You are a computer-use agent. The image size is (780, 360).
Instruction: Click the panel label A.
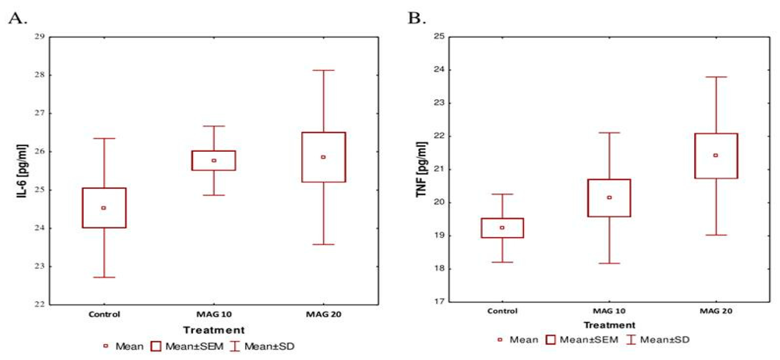tap(17, 19)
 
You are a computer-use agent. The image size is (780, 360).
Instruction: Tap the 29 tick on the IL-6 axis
tap(39, 37)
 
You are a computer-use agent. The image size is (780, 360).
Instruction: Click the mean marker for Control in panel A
tap(104, 208)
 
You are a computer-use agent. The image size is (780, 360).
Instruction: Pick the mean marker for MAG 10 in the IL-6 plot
tap(214, 160)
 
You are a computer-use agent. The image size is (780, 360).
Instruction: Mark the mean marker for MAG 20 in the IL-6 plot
tap(323, 157)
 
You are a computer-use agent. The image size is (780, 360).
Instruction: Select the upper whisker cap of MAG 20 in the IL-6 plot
tap(323, 70)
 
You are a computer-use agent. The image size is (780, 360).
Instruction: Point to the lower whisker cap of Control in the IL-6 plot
tap(104, 277)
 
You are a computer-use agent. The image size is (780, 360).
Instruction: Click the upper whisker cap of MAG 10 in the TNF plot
tap(609, 133)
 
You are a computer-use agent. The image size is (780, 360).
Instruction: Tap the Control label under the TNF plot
tap(502, 311)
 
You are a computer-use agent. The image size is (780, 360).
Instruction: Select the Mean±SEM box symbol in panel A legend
tap(156, 346)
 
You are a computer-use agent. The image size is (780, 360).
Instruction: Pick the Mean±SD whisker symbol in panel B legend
tap(631, 340)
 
